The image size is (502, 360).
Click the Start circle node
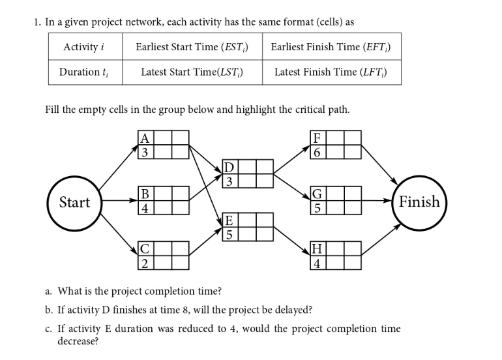74,202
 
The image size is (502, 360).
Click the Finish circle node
419,202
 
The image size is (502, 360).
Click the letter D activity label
228,166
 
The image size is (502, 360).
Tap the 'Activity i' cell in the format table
84,46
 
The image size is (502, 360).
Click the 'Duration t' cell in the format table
84,72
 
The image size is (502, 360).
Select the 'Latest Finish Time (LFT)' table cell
331,72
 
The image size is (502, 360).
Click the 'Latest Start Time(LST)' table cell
191,72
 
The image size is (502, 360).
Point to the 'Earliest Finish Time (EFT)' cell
331,46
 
